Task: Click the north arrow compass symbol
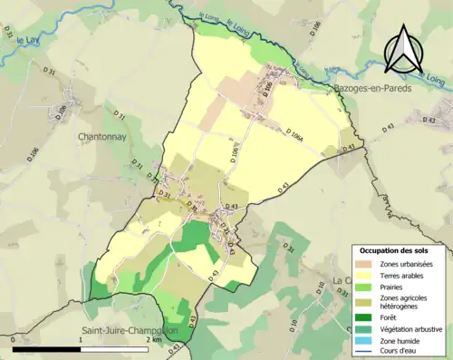pyautogui.click(x=402, y=49)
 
